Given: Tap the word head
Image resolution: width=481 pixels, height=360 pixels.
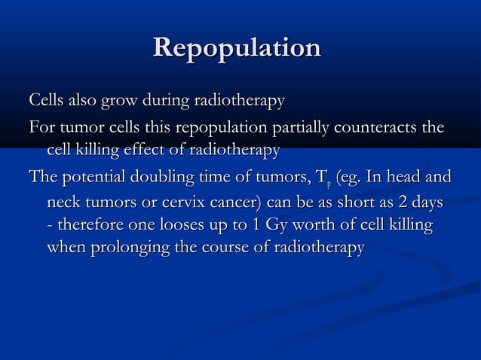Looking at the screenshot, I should (x=406, y=178).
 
